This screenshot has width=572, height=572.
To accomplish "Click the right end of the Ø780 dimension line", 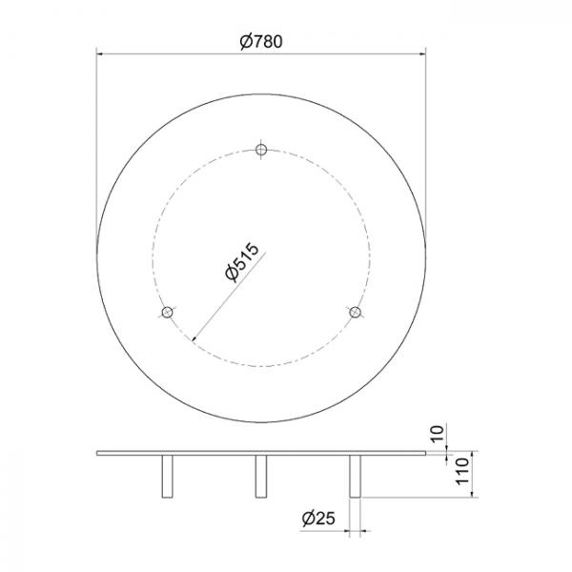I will point(423,53).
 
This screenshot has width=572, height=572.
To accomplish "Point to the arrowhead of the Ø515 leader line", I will point(194,337).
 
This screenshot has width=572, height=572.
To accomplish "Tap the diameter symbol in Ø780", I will point(246,41).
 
